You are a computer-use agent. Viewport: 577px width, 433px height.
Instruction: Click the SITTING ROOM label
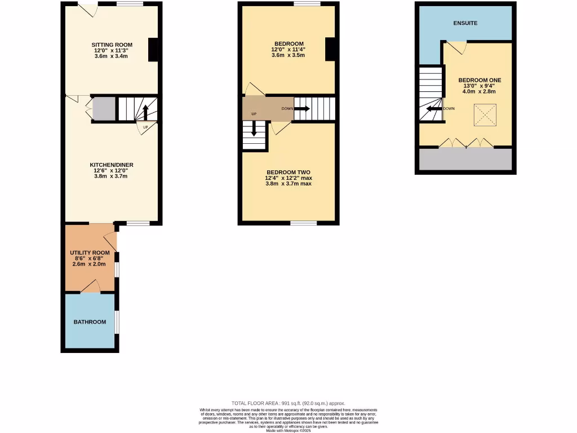pyautogui.click(x=112, y=45)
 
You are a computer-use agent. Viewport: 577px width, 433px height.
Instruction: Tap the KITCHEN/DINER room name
pyautogui.click(x=112, y=165)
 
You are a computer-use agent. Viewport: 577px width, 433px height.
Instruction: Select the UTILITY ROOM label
pyautogui.click(x=90, y=253)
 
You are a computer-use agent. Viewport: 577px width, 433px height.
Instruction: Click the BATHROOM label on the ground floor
pyautogui.click(x=90, y=322)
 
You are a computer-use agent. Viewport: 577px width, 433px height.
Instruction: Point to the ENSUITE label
pyautogui.click(x=465, y=23)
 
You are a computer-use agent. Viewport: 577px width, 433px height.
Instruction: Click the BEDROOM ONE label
pyautogui.click(x=480, y=80)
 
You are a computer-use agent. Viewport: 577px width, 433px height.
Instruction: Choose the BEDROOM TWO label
pyautogui.click(x=288, y=172)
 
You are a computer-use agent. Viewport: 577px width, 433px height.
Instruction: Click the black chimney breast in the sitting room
pyautogui.click(x=153, y=50)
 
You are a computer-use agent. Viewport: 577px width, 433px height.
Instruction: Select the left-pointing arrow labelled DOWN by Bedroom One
pyautogui.click(x=434, y=109)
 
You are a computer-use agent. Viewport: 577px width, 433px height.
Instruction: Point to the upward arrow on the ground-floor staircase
pyautogui.click(x=145, y=112)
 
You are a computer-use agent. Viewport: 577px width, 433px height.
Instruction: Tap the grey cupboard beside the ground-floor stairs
pyautogui.click(x=103, y=108)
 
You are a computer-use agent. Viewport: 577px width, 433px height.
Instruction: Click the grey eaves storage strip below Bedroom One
pyautogui.click(x=465, y=160)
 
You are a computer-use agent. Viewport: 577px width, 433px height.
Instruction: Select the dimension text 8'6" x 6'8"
pyautogui.click(x=90, y=258)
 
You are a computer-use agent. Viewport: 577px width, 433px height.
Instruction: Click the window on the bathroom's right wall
pyautogui.click(x=117, y=321)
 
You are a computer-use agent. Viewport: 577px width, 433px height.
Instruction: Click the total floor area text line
pyautogui.click(x=288, y=403)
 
